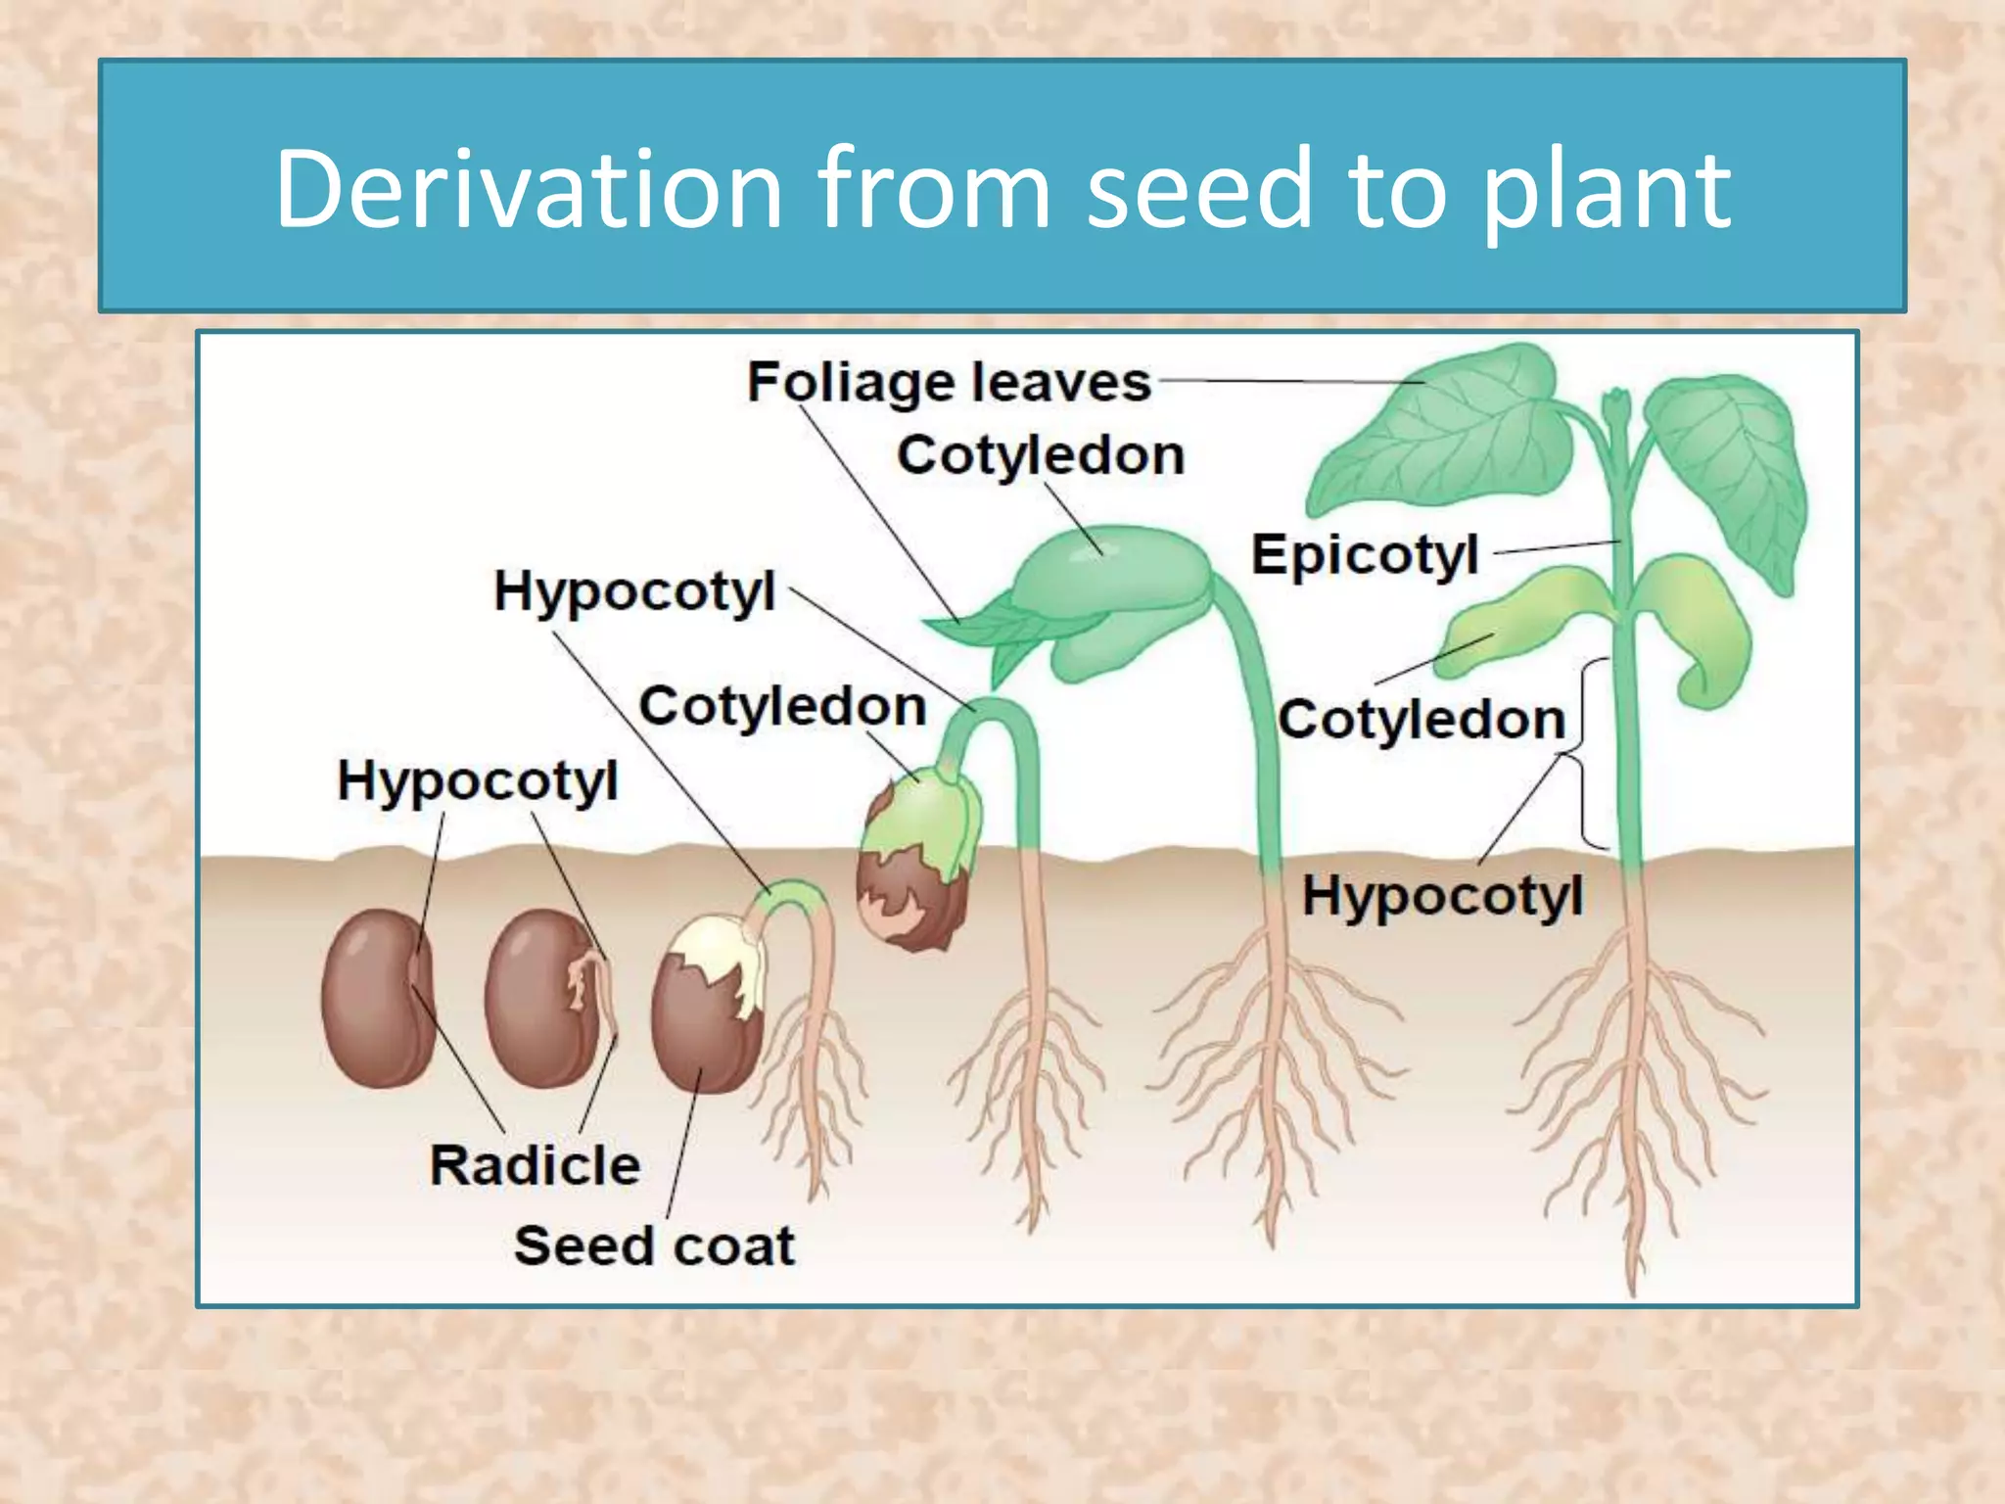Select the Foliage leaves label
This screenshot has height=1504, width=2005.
coord(949,382)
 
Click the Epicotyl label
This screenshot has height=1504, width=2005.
coord(1365,555)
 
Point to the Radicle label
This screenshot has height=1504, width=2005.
coord(535,1165)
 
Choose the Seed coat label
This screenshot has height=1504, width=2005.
coord(654,1245)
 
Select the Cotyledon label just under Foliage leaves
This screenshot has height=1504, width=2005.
coord(1041,455)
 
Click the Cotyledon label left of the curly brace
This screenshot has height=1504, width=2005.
coord(1422,720)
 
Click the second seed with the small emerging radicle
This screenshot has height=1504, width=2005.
coord(544,999)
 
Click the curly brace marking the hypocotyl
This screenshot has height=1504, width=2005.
coord(1588,754)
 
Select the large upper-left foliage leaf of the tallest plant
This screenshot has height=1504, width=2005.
coord(1449,431)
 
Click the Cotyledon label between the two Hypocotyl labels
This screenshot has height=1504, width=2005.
coord(782,706)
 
